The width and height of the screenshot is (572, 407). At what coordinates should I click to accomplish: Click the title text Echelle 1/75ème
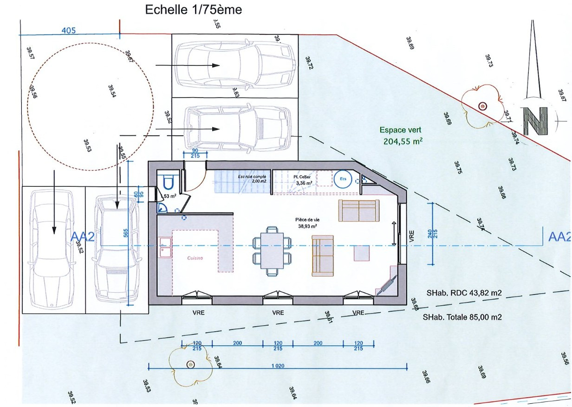(194, 9)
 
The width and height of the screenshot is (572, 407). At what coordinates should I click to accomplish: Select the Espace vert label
(400, 131)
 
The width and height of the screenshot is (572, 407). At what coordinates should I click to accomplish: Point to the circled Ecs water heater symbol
(343, 179)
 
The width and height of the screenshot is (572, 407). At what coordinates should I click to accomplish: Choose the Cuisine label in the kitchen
(195, 258)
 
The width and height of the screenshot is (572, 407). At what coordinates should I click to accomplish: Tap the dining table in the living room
(273, 251)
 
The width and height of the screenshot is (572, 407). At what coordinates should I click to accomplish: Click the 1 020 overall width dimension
(278, 366)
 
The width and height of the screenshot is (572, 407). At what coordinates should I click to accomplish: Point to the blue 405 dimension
(69, 31)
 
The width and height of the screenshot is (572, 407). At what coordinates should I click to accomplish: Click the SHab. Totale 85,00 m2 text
(462, 318)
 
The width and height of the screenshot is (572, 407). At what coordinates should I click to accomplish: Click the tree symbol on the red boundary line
(483, 106)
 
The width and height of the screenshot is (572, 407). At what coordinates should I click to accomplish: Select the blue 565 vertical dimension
(125, 234)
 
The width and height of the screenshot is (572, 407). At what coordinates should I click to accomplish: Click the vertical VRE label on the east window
(411, 236)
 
